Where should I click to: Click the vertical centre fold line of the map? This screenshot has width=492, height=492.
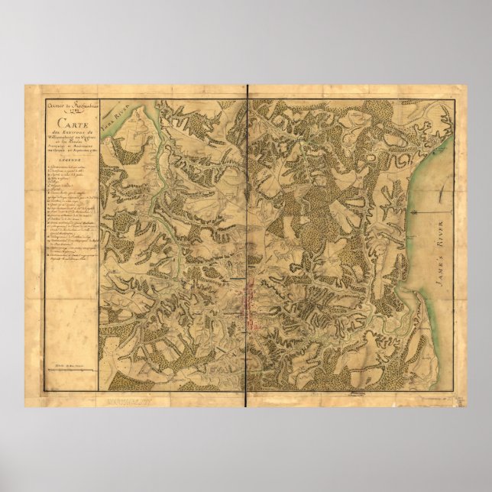tap(246, 244)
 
